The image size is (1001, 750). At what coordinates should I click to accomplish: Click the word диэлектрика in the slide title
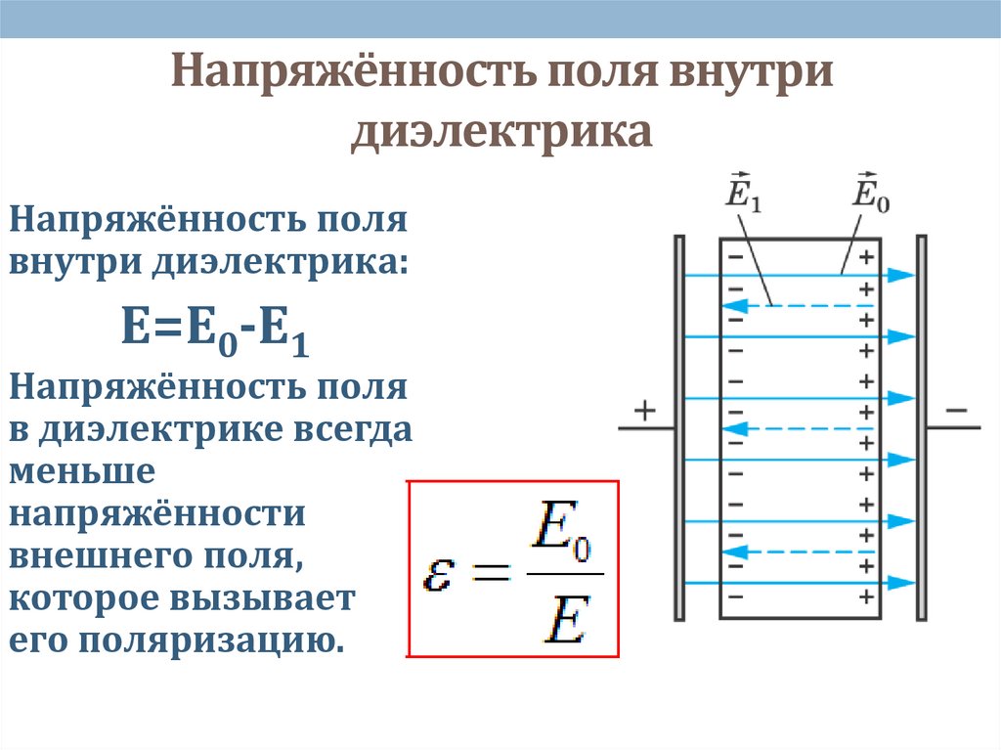tap(501, 131)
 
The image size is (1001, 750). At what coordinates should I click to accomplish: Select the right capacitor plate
tap(921, 426)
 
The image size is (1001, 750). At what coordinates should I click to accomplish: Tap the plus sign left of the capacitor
tap(644, 411)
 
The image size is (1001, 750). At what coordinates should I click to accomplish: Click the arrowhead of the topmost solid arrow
tap(905, 276)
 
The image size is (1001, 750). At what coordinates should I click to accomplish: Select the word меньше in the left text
tap(82, 471)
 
